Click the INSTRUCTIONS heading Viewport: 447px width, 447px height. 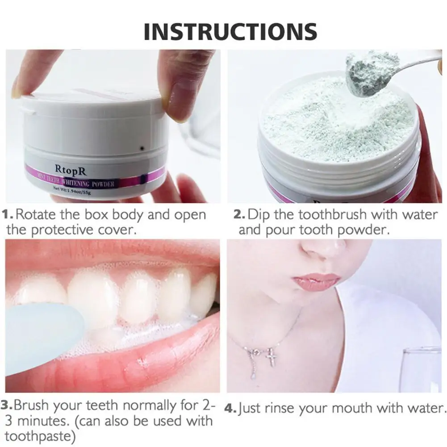tap(230, 31)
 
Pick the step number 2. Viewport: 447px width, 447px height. tap(239, 214)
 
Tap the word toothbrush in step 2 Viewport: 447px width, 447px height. tap(324, 214)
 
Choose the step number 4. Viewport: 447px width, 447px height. tap(230, 408)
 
